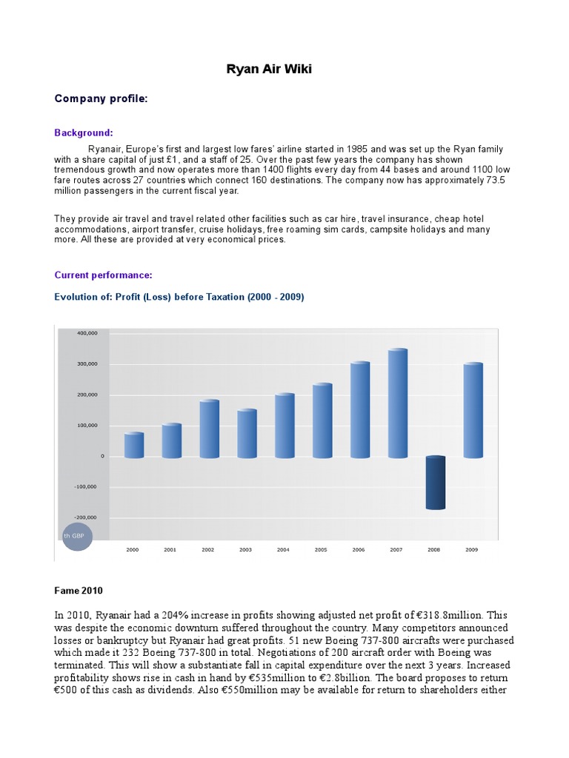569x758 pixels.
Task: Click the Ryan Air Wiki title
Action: [x=269, y=70]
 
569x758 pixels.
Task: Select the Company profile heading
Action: [x=102, y=98]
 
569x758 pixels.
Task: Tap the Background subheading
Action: [x=84, y=133]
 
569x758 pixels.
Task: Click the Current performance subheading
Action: [x=103, y=275]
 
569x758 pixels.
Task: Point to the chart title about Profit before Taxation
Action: [x=179, y=297]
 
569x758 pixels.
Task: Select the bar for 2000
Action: [x=134, y=445]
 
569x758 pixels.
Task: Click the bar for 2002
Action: [x=210, y=429]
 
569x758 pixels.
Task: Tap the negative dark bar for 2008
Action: [x=436, y=483]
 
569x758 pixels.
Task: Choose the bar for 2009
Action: [x=473, y=410]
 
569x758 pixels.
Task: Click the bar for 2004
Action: [x=285, y=426]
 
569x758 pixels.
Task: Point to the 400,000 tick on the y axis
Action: [x=87, y=333]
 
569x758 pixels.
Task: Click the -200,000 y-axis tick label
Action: [x=86, y=517]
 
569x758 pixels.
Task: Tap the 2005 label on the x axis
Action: [x=321, y=550]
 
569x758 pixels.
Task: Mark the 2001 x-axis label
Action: [x=170, y=550]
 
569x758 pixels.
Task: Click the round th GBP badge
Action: [x=78, y=534]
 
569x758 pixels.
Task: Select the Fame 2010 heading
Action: [x=79, y=591]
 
